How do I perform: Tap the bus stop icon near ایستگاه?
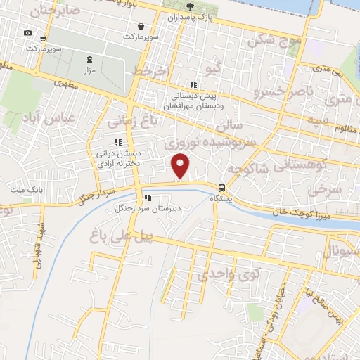tap(222, 188)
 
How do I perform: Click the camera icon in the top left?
tap(27, 33)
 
